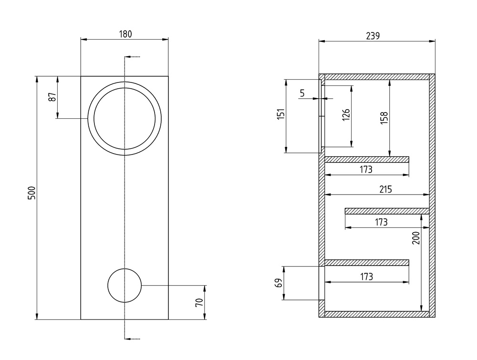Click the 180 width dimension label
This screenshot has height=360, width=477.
125,34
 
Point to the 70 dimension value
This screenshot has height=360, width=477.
199,302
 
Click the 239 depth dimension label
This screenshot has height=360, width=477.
373,36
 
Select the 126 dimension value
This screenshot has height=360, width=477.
346,115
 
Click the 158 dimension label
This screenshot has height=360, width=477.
385,118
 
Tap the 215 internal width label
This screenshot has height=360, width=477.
385,189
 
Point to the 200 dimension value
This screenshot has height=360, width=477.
415,238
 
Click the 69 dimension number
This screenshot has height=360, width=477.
280,283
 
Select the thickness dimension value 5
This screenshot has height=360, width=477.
302,93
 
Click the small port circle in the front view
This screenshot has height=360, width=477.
125,285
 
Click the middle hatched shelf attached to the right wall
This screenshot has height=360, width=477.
387,211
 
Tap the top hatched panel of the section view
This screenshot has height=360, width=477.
377,76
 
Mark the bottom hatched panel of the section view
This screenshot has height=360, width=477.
377,314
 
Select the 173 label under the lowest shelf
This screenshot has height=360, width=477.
366,277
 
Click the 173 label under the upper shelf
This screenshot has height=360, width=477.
366,169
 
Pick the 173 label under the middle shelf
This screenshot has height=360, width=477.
381,222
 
